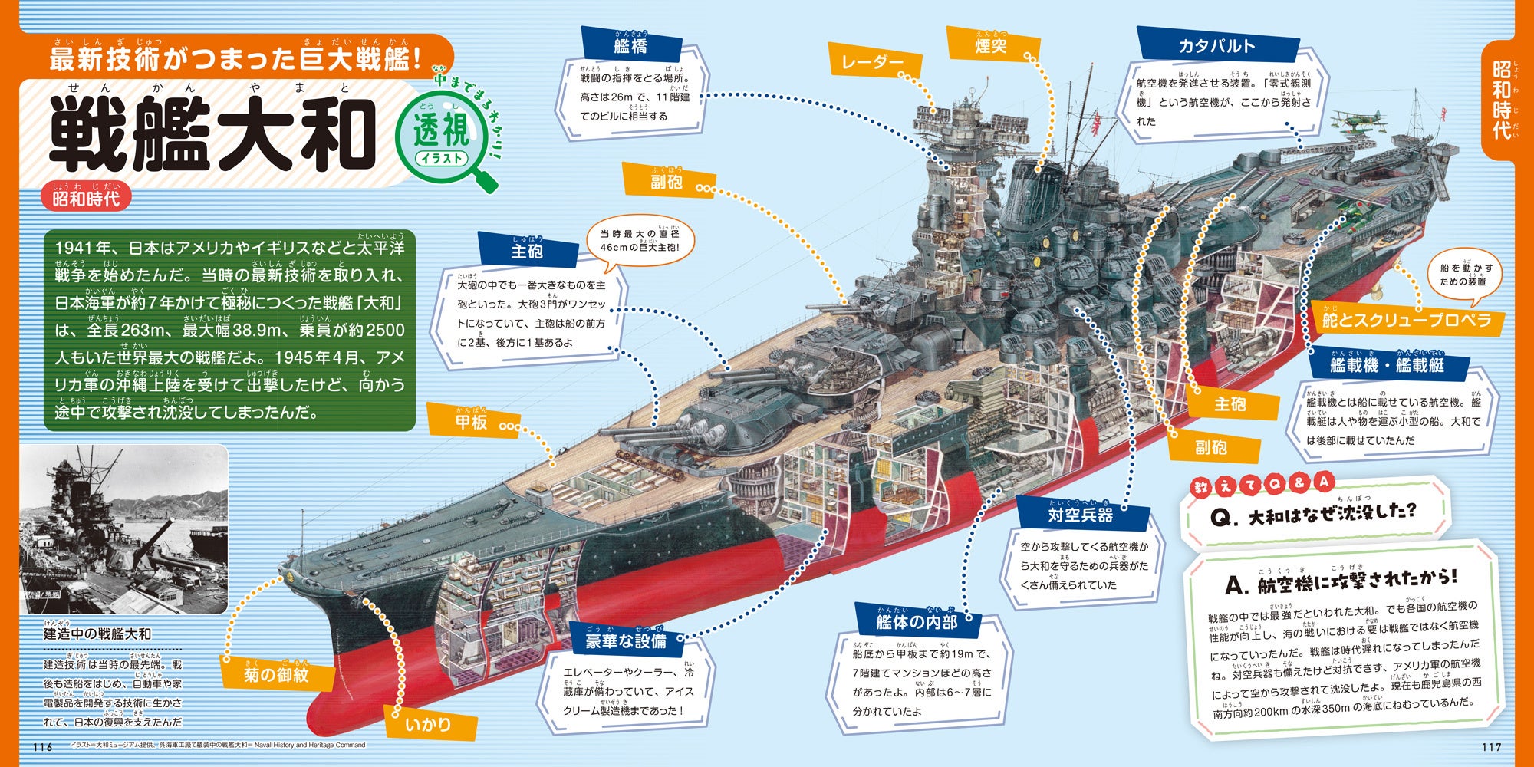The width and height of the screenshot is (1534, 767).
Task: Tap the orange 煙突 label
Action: [x=991, y=45]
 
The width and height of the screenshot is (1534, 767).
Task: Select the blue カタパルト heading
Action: [x=1216, y=46]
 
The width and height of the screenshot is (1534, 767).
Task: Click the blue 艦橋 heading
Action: [x=631, y=45]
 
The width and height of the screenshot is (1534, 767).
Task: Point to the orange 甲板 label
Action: [x=472, y=422]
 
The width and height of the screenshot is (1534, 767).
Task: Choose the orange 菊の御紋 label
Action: [x=277, y=676]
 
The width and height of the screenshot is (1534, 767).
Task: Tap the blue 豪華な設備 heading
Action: [x=626, y=641]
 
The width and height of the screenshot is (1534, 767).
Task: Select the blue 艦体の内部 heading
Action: [x=917, y=621]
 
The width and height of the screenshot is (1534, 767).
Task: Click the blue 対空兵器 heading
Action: [x=1081, y=515]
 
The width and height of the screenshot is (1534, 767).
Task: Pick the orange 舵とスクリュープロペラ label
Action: [x=1406, y=321]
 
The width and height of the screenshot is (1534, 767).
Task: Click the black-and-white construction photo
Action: [x=123, y=529]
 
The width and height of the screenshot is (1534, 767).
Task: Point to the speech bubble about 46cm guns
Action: [x=640, y=241]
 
